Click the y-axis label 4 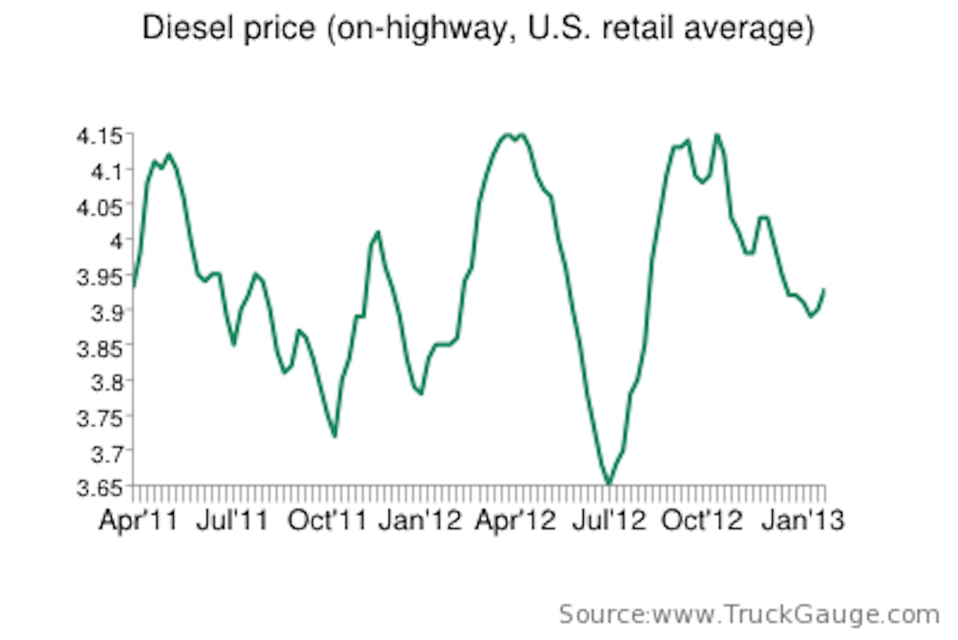pyautogui.click(x=116, y=241)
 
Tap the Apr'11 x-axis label pyautogui.click(x=138, y=520)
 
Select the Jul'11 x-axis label pyautogui.click(x=233, y=520)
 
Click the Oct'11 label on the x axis pyautogui.click(x=328, y=520)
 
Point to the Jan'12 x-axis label pyautogui.click(x=421, y=520)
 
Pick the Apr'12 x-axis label pyautogui.click(x=515, y=520)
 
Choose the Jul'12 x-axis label pyautogui.click(x=609, y=520)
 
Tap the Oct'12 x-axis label pyautogui.click(x=702, y=520)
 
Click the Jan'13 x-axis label pyautogui.click(x=803, y=520)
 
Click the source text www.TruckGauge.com pyautogui.click(x=796, y=615)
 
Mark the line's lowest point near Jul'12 pyautogui.click(x=608, y=484)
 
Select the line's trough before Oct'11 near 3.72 pyautogui.click(x=335, y=436)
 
